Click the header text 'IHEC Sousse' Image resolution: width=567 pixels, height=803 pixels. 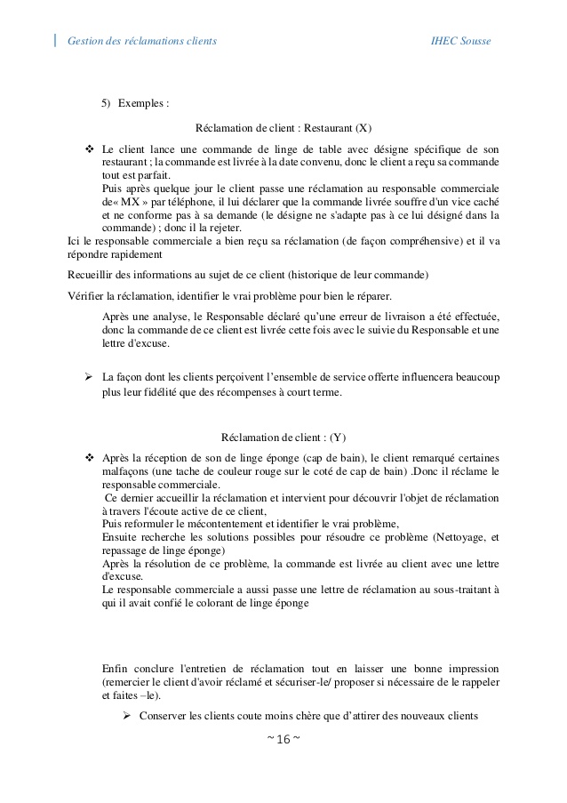459,41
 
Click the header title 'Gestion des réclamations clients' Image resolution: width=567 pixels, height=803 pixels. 141,41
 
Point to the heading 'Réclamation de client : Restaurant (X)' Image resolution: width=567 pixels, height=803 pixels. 283,128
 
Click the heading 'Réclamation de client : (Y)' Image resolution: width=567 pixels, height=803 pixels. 283,437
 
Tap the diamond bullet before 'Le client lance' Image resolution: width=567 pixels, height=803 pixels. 89,148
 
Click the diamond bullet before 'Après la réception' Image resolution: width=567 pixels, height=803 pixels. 89,457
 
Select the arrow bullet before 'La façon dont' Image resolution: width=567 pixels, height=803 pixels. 89,377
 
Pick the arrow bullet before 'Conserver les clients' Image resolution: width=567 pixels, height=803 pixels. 126,716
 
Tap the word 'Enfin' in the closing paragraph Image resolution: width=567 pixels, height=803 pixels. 116,668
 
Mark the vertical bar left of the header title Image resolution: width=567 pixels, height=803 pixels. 56,40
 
